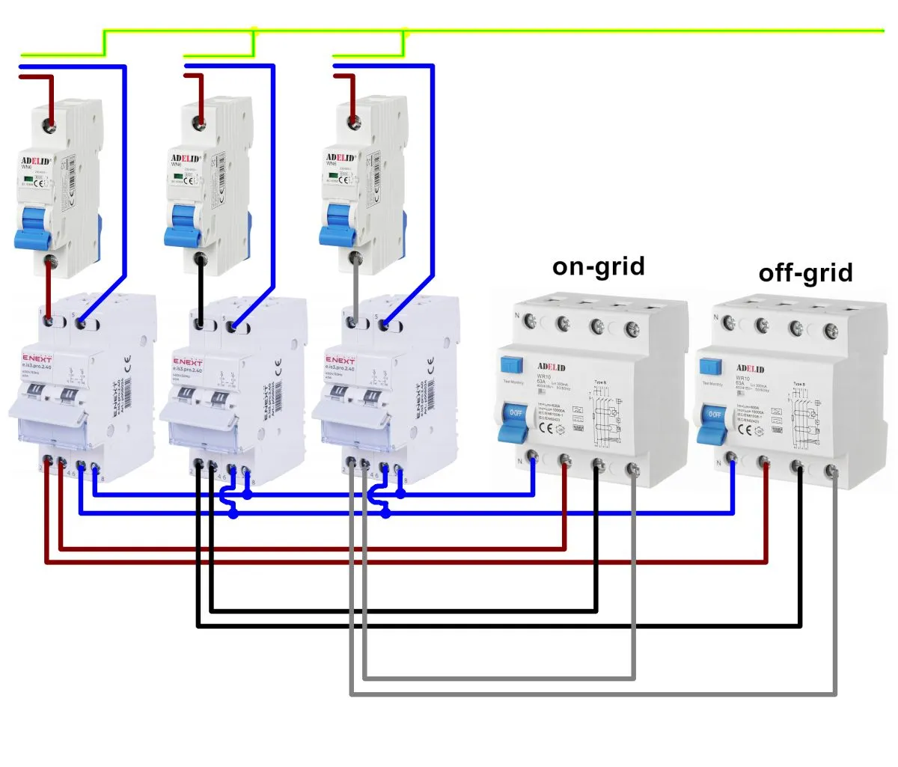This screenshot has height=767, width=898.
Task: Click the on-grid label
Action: [x=598, y=266]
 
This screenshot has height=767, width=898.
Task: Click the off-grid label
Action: [x=805, y=273]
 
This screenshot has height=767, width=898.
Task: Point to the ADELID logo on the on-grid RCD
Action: [x=552, y=367]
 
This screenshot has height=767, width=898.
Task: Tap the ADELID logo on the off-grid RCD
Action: [x=751, y=368]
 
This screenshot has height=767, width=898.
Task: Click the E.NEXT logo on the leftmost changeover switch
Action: [x=36, y=360]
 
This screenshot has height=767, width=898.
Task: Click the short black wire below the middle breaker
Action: [x=201, y=292]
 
